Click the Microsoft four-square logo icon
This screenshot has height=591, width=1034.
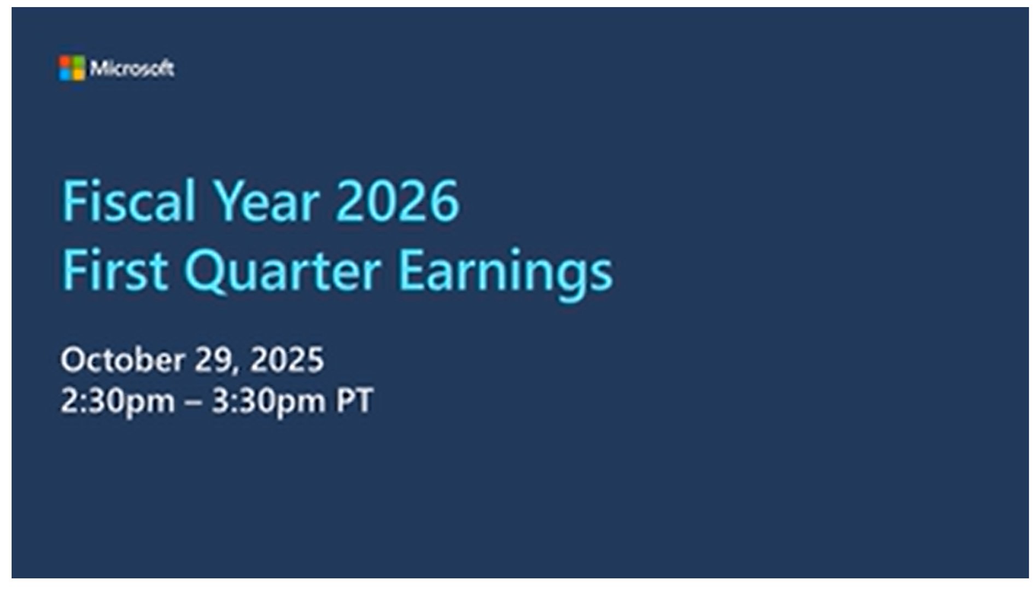(x=72, y=68)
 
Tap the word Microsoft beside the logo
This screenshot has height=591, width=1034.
(x=132, y=68)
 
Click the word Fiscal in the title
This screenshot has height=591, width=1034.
(x=128, y=201)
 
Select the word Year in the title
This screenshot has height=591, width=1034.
(x=266, y=201)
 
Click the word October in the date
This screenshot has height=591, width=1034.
(x=123, y=360)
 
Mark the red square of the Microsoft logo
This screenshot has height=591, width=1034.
(x=66, y=62)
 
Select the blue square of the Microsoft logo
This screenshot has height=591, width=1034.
(x=66, y=75)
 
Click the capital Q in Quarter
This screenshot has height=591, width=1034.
(x=206, y=272)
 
